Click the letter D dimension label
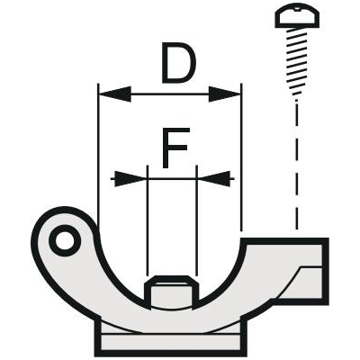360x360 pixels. tap(178, 63)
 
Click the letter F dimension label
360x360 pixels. tap(175, 148)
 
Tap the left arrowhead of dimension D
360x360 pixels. tap(115, 94)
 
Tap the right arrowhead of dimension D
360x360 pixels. tap(225, 94)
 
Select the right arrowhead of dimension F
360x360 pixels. tap(213, 179)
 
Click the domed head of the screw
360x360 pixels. tap(299, 18)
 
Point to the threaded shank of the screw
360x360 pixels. tap(298, 60)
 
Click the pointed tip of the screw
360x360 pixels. tap(297, 98)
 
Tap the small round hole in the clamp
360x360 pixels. tap(65, 240)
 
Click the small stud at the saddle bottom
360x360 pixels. tap(172, 292)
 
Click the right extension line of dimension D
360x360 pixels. tap(241, 157)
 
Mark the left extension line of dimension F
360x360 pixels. tap(148, 220)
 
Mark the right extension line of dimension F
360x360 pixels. tap(196, 220)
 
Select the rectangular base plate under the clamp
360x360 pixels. tap(171, 339)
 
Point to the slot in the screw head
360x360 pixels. tap(297, 9)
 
